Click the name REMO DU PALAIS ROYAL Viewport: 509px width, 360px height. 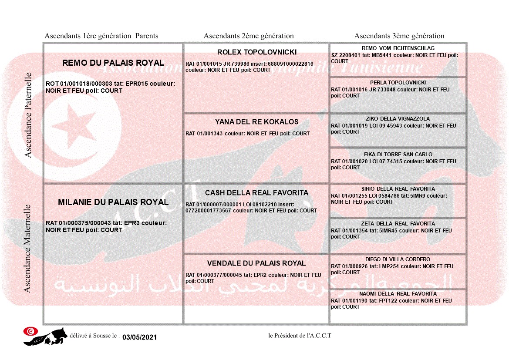tap(113, 63)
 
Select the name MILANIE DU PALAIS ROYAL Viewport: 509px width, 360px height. tap(113, 202)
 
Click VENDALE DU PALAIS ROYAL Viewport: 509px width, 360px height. tap(256, 263)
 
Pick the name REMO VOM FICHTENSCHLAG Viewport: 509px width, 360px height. tap(398, 48)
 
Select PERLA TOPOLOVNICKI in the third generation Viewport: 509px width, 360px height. tap(398, 83)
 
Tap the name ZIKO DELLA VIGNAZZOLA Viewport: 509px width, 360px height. tap(398, 119)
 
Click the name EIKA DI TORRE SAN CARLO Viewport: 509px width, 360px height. tap(398, 155)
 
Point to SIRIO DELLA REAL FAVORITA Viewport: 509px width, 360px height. tap(398, 189)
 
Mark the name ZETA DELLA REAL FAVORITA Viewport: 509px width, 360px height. tap(398, 224)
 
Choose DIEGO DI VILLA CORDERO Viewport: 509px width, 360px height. tap(398, 259)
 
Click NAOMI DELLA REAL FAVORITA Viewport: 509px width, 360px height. tap(398, 294)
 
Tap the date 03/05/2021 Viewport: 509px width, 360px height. tap(139, 337)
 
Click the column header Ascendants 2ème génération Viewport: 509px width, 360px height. tap(249, 36)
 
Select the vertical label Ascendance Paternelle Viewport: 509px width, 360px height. tap(28, 115)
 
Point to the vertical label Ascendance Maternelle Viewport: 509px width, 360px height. tap(27, 249)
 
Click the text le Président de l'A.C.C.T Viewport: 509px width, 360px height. tap(300, 336)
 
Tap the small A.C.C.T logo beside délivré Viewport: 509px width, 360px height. tap(45, 336)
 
